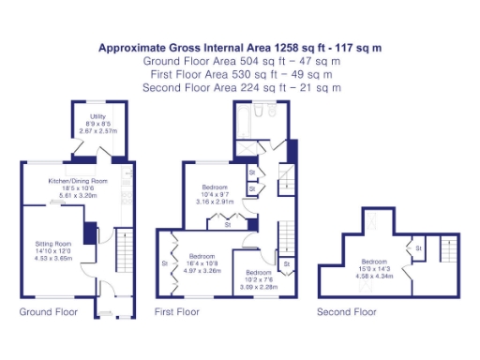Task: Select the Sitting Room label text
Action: click(52, 241)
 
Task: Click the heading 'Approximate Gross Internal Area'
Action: click(241, 47)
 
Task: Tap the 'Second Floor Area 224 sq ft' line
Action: click(241, 87)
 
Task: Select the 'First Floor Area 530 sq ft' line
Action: click(241, 74)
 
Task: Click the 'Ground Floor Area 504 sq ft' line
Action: click(241, 61)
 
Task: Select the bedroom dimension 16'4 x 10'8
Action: click(202, 263)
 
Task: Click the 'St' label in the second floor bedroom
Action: click(418, 247)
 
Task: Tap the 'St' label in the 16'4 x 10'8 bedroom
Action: click(165, 263)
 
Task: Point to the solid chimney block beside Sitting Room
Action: click(89, 233)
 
